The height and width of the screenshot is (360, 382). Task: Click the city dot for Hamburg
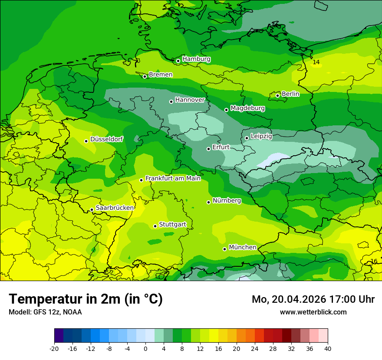[178, 61]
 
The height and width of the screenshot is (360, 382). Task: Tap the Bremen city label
[161, 75]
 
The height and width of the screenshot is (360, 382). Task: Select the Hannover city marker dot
[171, 101]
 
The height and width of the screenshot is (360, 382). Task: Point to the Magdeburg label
[247, 108]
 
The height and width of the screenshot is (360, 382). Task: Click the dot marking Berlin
[277, 95]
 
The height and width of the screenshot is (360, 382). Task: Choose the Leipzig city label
[261, 136]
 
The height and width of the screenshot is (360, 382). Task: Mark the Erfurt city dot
[208, 149]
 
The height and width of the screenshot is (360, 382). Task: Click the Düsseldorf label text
[106, 139]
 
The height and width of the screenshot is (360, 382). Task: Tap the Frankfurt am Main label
[173, 178]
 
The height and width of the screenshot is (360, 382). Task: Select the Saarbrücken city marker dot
[92, 210]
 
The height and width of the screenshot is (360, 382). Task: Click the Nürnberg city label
[227, 200]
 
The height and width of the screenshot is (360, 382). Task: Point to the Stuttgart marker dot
[155, 226]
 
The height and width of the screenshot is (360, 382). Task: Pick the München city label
[242, 247]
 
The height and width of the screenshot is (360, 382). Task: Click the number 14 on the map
[316, 62]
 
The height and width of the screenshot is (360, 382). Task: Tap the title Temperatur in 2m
[86, 299]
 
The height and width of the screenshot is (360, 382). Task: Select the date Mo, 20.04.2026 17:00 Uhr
[313, 299]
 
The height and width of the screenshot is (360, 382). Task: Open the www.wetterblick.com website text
[313, 312]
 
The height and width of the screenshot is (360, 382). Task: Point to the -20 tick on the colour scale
[54, 348]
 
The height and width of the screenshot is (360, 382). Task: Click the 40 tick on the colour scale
[327, 348]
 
